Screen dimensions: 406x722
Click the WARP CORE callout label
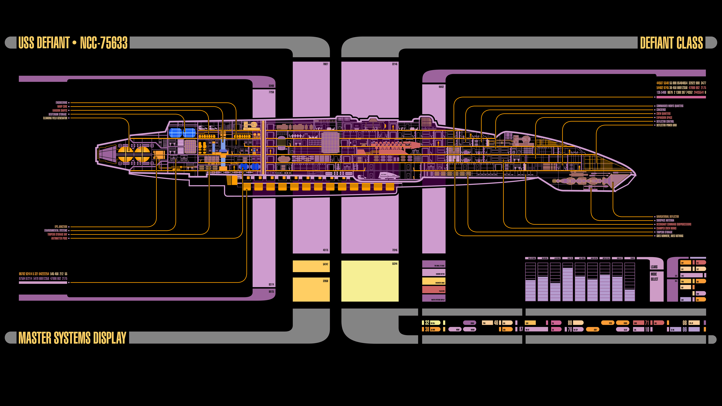62,106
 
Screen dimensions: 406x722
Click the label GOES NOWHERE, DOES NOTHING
670,236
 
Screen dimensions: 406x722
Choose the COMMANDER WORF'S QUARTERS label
670,106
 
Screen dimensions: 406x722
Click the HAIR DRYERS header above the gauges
592,258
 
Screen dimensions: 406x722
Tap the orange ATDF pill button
593,329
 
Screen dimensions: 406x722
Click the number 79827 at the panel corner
325,64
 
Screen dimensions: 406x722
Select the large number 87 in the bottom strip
521,329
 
